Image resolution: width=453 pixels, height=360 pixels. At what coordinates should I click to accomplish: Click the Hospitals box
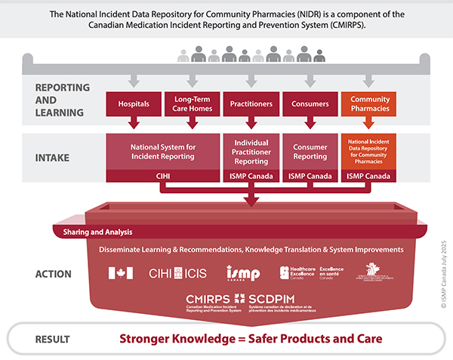[x=134, y=104]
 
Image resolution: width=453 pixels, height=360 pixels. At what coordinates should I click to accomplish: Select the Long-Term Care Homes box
[x=192, y=104]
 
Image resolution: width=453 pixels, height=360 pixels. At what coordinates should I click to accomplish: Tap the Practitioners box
[x=251, y=104]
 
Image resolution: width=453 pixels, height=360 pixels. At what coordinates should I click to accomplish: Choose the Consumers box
[x=309, y=104]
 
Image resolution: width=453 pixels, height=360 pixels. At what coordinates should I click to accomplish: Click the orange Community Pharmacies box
[x=369, y=104]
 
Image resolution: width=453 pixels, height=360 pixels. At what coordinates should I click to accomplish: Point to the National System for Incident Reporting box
[x=162, y=151]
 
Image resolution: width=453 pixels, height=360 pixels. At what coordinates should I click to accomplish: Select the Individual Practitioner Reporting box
[x=251, y=151]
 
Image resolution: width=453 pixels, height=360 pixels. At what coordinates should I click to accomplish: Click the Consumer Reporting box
[x=309, y=151]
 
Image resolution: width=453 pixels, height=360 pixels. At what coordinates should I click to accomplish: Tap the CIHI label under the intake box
[x=162, y=177]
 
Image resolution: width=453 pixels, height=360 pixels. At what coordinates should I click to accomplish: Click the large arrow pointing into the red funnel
[x=251, y=198]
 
